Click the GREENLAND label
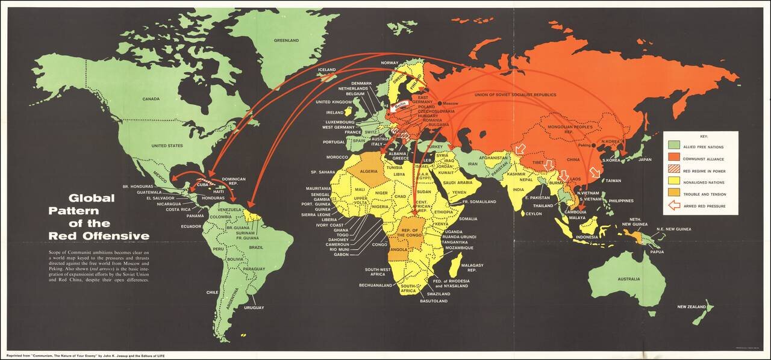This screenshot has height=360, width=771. pyautogui.click(x=286, y=40)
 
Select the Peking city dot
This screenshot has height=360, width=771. pyautogui.click(x=593, y=145)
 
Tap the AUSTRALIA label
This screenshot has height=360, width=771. pyautogui.click(x=628, y=279)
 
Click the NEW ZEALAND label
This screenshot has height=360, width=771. pyautogui.click(x=691, y=307)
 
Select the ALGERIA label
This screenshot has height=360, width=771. pyautogui.click(x=372, y=172)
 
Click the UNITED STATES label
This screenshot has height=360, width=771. pyautogui.click(x=167, y=146)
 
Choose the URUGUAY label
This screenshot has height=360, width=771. pyautogui.click(x=254, y=308)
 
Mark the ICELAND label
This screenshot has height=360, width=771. pyautogui.click(x=327, y=70)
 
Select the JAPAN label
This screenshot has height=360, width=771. pyautogui.click(x=645, y=160)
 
